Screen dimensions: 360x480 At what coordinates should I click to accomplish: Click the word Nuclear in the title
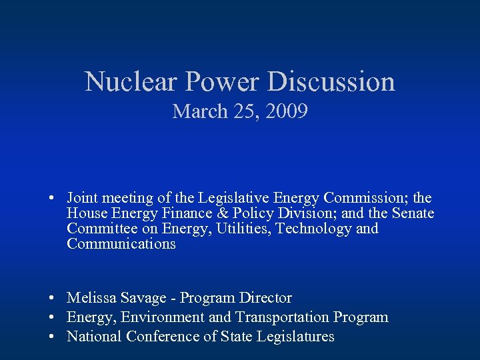click(x=130, y=82)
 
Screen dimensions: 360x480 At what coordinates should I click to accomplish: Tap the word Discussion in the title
click(x=331, y=82)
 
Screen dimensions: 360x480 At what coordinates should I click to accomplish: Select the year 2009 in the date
click(x=287, y=111)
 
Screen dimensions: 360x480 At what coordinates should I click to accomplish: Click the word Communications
click(x=121, y=244)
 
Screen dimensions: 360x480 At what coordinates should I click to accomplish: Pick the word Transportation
click(x=282, y=317)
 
